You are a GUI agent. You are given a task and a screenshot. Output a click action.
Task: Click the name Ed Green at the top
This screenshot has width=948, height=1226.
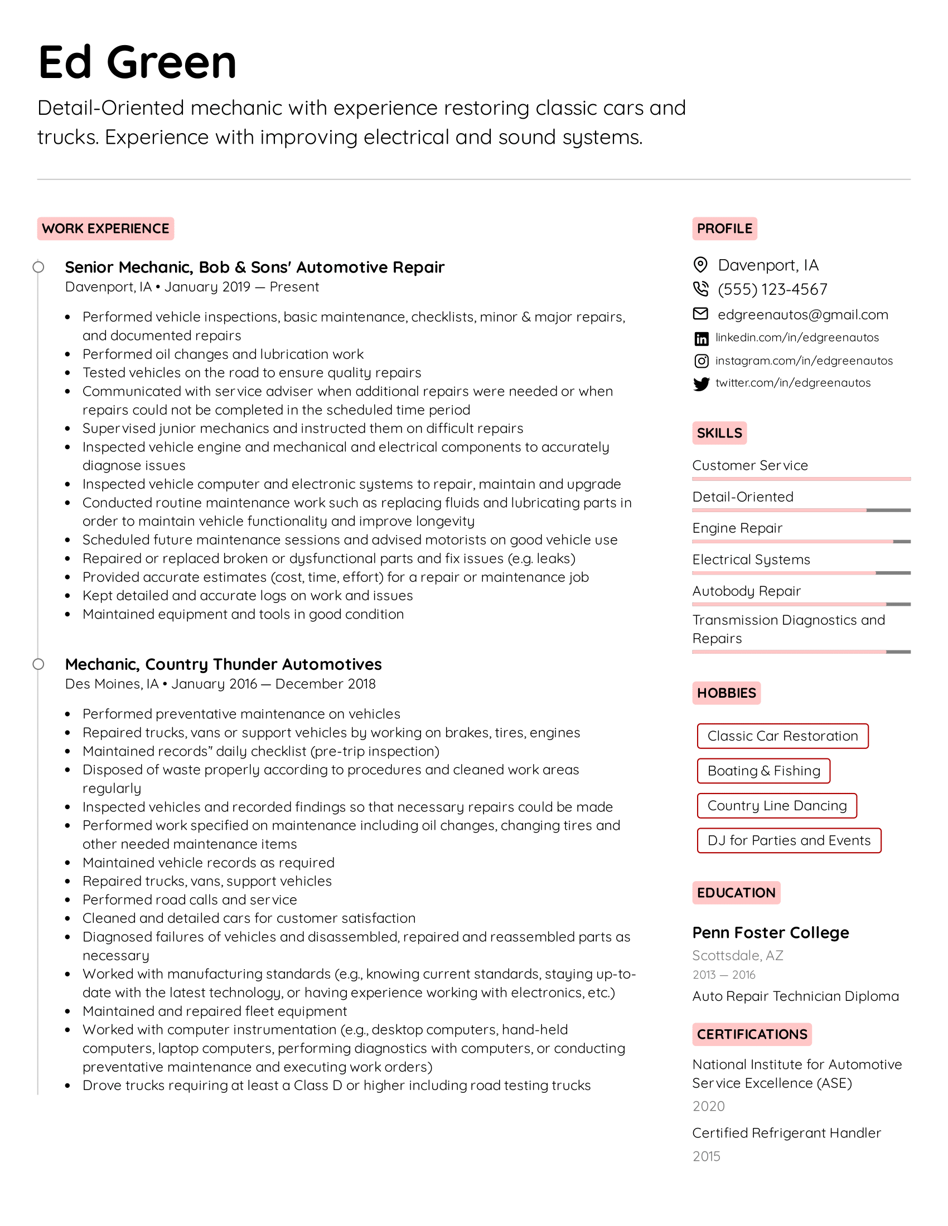point(138,62)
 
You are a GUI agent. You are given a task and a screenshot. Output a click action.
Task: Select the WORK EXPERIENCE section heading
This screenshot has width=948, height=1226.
point(105,228)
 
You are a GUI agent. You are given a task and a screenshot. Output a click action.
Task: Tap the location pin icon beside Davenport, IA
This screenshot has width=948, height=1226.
point(700,264)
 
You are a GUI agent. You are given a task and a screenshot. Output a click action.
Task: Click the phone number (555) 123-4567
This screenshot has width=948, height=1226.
point(772,289)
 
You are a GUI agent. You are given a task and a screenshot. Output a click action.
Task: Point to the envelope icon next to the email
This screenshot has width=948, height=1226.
point(700,314)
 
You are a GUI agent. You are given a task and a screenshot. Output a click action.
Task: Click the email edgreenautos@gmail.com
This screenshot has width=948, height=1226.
point(802,314)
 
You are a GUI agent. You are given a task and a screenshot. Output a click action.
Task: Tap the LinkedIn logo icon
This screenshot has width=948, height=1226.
point(701,338)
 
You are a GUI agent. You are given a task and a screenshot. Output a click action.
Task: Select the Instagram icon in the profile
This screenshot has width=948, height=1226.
point(701,361)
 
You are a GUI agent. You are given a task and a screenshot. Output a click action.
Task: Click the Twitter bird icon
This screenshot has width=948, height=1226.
point(701,383)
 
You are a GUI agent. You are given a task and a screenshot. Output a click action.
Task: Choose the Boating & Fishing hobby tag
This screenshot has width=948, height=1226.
point(763,771)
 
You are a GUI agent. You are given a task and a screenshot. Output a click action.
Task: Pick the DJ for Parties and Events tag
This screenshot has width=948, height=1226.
point(789,840)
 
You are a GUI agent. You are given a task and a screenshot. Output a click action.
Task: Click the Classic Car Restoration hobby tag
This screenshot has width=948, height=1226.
point(782,736)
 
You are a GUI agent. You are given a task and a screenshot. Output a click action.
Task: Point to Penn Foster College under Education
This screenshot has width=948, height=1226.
point(770,932)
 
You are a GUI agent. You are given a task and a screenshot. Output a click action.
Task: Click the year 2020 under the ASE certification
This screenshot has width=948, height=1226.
point(708,1106)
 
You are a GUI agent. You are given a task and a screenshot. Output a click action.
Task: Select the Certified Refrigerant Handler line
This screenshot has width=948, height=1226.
point(786,1133)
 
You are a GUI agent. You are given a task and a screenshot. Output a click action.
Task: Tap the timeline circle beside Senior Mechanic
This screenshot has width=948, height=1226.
point(38,267)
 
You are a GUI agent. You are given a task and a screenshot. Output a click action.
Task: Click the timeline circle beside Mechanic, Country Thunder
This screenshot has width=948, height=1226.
point(38,664)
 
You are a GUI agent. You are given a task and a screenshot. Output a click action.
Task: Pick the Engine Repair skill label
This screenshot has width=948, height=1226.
point(737,528)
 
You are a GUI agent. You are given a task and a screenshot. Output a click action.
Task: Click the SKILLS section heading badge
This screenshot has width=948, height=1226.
point(719,433)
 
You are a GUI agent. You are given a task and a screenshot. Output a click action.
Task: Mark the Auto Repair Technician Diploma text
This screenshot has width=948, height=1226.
point(795,996)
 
